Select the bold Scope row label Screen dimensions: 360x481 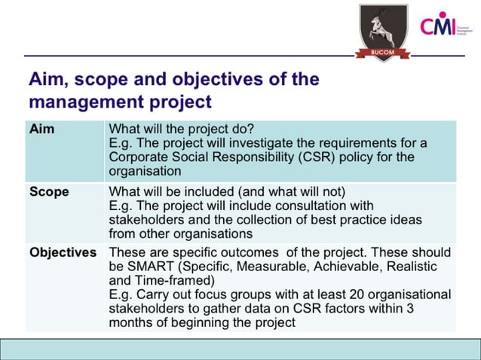click(x=49, y=191)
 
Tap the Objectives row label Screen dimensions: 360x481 click(x=63, y=252)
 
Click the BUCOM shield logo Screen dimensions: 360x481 click(x=382, y=32)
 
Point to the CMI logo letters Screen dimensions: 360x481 click(x=440, y=27)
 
